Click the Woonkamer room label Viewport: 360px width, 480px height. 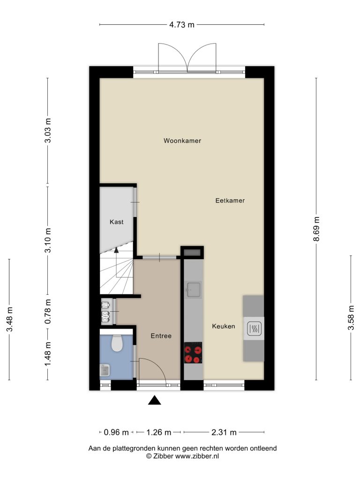182,141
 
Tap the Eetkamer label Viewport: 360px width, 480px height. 230,201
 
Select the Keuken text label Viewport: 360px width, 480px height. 224,326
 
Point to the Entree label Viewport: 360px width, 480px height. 161,336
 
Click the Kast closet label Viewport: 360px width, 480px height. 116,222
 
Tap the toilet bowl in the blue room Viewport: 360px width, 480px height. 117,343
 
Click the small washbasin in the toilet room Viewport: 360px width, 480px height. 105,370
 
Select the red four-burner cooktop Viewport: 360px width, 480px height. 193,352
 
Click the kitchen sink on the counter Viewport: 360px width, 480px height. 194,290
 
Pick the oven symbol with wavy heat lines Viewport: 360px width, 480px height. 254,329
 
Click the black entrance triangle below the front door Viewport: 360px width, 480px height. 155,400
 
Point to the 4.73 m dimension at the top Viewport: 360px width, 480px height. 182,24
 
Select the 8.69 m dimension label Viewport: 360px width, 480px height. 316,229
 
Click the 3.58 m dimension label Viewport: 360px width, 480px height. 351,318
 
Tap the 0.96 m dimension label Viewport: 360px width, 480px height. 116,432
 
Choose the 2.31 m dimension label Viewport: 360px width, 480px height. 224,432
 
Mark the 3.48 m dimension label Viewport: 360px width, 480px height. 10,319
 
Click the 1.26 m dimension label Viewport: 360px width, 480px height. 158,432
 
